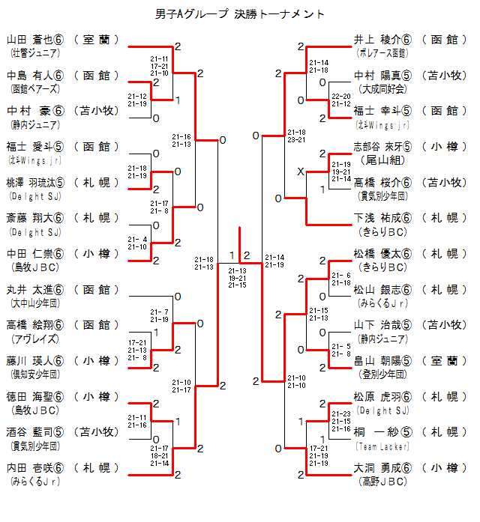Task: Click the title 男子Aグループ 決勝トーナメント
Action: [x=239, y=13]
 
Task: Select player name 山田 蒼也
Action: [x=35, y=40]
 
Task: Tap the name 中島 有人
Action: [x=35, y=76]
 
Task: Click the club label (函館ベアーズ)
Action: [x=31, y=88]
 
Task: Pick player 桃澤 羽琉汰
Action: [x=35, y=182]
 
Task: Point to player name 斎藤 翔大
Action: [x=35, y=218]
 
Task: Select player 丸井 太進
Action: [x=35, y=290]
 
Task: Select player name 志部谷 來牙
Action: [x=382, y=147]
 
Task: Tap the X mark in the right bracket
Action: [x=300, y=172]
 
